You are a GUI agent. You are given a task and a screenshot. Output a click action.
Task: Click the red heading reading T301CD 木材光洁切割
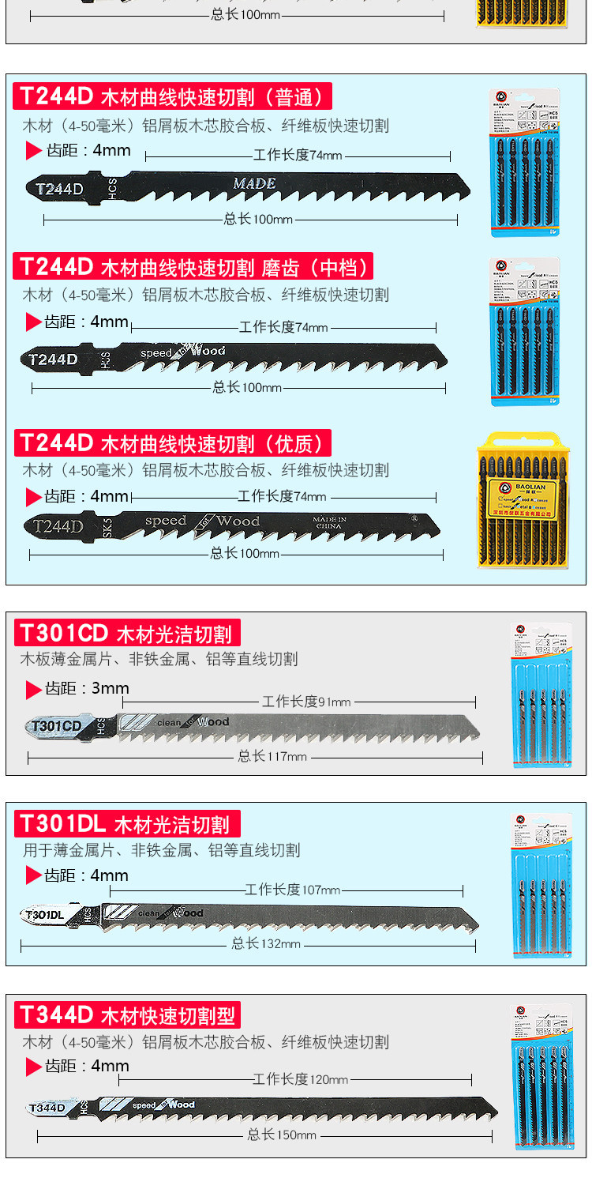127,633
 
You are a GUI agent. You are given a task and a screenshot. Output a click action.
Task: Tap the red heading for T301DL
127,824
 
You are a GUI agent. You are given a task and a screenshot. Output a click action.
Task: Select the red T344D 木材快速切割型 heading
127,1014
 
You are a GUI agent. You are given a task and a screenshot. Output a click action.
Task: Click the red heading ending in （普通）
172,96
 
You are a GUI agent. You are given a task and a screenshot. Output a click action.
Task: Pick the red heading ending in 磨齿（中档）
193,266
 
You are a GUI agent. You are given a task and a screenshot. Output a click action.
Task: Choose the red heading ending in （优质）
172,442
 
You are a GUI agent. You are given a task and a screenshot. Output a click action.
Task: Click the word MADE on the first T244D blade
254,183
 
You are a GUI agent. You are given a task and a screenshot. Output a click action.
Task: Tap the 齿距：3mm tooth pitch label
87,688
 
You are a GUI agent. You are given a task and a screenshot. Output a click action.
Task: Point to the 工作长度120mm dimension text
300,1079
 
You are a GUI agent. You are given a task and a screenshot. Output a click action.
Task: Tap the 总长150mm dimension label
281,1135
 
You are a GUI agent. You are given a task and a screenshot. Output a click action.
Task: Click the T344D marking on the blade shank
47,1108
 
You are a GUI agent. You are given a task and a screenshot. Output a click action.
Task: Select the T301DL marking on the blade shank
45,915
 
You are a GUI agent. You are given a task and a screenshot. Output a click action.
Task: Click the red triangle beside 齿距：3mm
33,690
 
